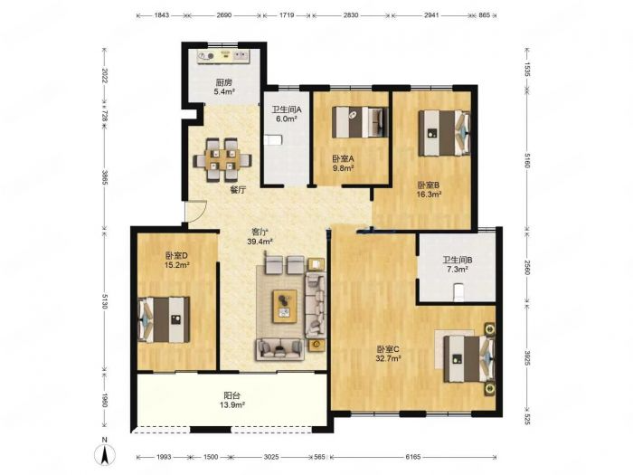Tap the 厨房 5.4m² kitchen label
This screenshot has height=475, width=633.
(224, 87)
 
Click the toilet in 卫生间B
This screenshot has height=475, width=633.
(458, 292)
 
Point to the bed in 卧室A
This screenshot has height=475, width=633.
(360, 121)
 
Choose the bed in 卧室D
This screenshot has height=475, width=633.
(164, 319)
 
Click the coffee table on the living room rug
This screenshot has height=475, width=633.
(285, 306)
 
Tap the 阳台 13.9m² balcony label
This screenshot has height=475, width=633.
(234, 400)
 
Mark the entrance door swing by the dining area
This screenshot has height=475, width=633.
(196, 211)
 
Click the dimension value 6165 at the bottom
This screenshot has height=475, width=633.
(413, 457)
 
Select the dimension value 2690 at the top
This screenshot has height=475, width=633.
(224, 15)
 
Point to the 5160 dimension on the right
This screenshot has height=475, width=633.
(527, 160)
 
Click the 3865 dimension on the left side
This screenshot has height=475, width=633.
(104, 177)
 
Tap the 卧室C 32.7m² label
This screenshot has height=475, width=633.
(388, 354)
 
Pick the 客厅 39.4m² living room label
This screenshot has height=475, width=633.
(260, 237)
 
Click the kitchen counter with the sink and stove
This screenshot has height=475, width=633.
(223, 56)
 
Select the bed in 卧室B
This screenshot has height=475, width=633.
(445, 133)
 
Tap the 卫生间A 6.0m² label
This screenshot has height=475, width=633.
(287, 114)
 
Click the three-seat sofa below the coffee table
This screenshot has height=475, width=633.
(279, 349)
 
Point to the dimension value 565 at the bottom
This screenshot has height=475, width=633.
(319, 457)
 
